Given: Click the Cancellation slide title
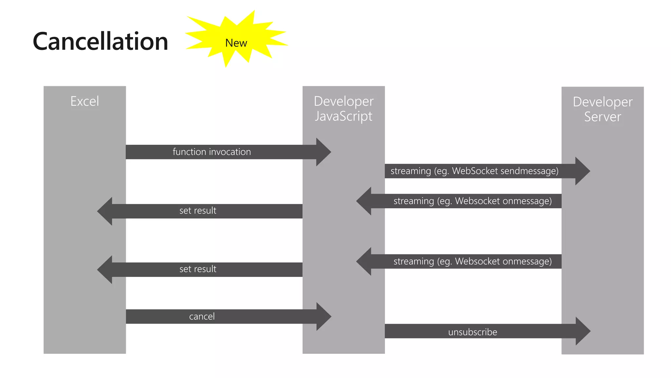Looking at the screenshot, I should coord(100,42).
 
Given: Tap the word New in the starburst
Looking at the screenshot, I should coord(236,43).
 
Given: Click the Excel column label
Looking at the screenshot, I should coord(85,101).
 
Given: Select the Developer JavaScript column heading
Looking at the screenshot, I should coord(343,109).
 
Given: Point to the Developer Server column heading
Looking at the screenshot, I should coord(602,109).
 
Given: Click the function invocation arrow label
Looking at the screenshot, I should coord(212,152).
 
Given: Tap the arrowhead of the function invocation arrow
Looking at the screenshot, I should coord(323,152).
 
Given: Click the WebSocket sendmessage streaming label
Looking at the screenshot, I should coord(474,171).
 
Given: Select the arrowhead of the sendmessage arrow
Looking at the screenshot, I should coord(582,171).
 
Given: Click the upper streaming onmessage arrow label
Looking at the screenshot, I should coord(472,201).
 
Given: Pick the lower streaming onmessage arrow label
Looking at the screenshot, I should coord(472,261).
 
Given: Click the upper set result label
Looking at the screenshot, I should coord(198,211).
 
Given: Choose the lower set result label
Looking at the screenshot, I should coord(198,269).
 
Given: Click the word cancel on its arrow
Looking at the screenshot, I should coord(202,317).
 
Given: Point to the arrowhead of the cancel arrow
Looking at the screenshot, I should coord(323,317).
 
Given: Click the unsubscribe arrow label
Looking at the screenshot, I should coord(472,332).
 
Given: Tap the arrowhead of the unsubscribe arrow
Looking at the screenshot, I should coord(583,331).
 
